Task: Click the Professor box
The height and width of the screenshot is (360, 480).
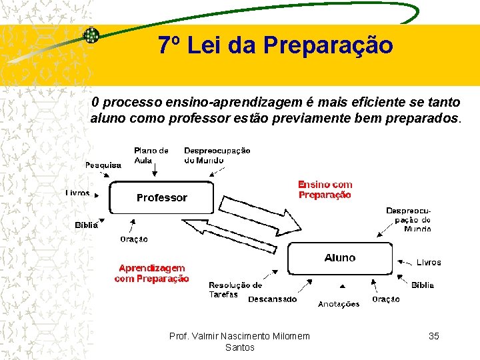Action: [x=161, y=197]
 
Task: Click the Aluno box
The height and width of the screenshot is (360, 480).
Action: [x=340, y=258]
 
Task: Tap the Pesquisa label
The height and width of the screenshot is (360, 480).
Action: [x=103, y=165]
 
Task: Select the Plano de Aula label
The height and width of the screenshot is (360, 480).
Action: [x=151, y=155]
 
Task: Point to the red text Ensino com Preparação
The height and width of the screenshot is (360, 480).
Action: [x=325, y=190]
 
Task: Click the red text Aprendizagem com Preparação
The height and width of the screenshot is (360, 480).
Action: [x=151, y=273]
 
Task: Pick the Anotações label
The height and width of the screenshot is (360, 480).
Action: [x=339, y=304]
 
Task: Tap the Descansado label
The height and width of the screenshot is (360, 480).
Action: [x=272, y=299]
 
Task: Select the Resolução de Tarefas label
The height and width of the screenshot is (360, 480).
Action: [x=235, y=289]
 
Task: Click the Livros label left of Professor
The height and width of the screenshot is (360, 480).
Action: [x=78, y=193]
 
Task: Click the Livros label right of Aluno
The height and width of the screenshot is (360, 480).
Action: [x=429, y=263]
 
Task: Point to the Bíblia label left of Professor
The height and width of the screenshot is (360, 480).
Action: [x=86, y=225]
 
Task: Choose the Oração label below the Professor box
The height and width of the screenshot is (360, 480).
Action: [x=134, y=239]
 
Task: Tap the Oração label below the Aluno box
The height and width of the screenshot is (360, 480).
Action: [x=386, y=299]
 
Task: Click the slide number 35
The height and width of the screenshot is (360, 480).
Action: [x=433, y=336]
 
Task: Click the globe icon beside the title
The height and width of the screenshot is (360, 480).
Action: [x=91, y=35]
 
